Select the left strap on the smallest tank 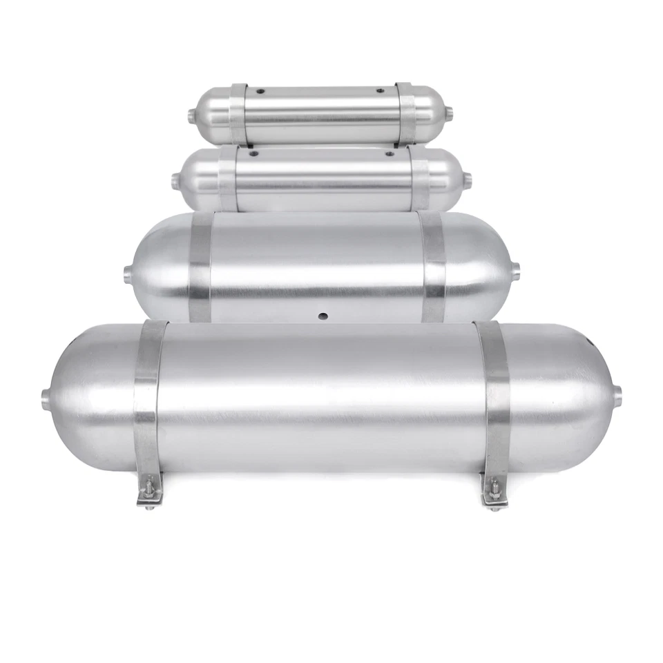point(238,114)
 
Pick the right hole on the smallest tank point(380,90)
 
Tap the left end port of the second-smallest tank point(175,181)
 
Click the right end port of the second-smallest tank point(467,180)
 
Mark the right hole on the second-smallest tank point(389,153)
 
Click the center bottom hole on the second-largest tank point(322,316)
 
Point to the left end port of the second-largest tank point(128,273)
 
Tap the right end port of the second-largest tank point(515,271)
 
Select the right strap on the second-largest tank point(432,266)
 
